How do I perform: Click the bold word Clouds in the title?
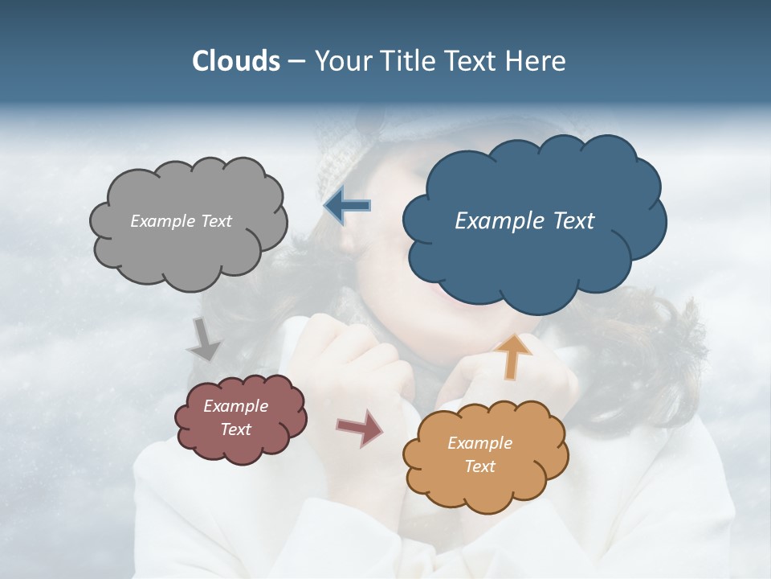(235, 61)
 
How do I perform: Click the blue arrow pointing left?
(348, 207)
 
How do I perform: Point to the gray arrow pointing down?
(205, 341)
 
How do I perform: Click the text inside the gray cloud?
(182, 221)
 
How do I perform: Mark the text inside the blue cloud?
(524, 220)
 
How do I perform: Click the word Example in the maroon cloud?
(235, 407)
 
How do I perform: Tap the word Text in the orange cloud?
(480, 466)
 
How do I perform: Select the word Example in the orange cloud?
(479, 443)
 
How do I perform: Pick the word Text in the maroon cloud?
(236, 429)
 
